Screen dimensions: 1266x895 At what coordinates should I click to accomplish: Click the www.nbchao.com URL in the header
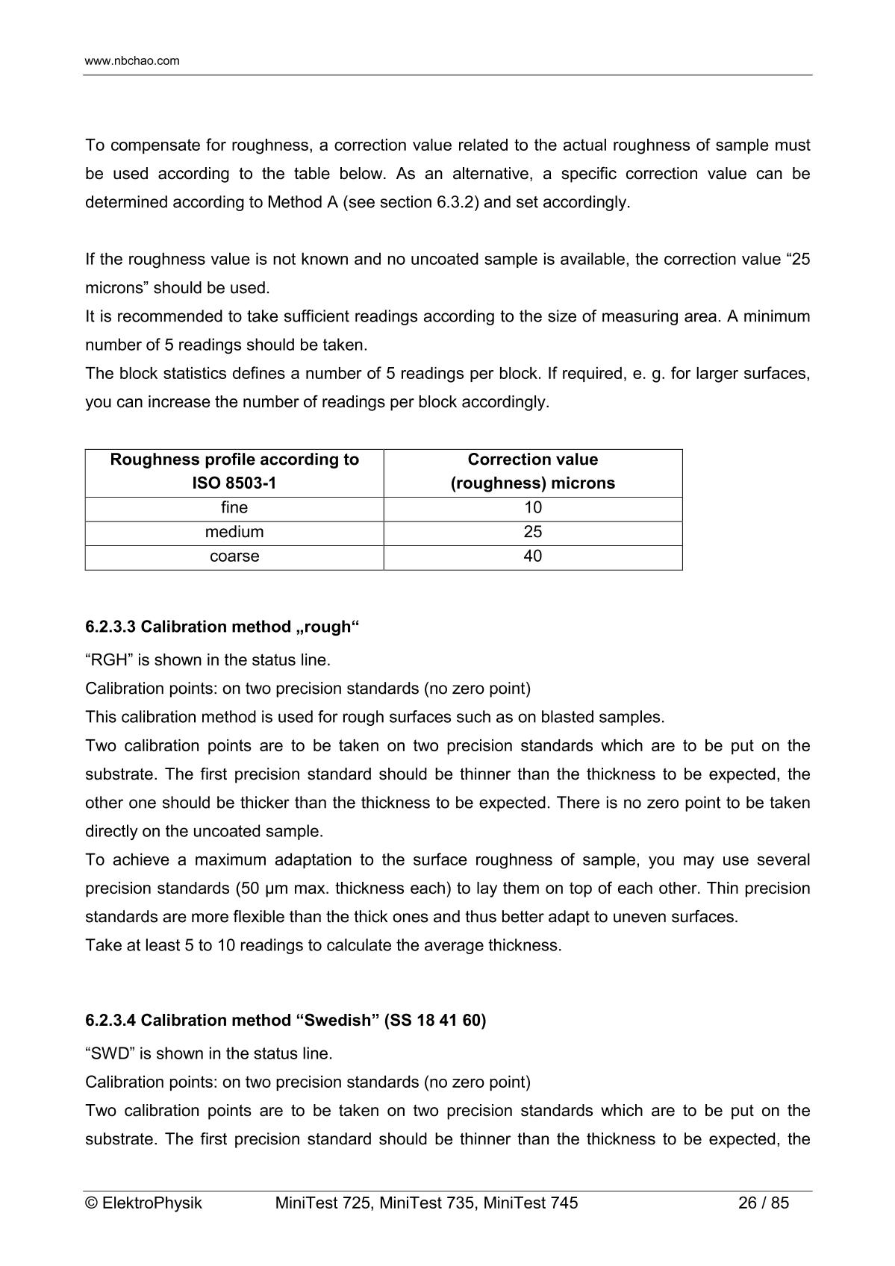click(132, 61)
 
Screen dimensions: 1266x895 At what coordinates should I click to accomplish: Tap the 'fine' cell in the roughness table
click(234, 508)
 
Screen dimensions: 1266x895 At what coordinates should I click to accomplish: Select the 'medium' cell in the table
click(234, 532)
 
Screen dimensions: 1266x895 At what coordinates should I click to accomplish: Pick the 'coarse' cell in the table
click(234, 557)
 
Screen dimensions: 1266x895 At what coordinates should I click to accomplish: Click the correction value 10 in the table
click(533, 508)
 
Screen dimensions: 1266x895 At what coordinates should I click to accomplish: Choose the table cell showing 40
click(533, 557)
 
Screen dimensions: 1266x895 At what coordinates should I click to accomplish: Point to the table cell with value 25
click(533, 532)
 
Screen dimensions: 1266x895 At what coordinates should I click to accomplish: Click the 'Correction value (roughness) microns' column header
click(533, 471)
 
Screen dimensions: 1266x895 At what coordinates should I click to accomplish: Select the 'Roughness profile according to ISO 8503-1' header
click(234, 471)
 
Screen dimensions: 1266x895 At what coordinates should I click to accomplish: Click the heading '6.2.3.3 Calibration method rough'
click(222, 627)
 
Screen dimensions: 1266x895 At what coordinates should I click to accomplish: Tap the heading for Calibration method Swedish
click(286, 1021)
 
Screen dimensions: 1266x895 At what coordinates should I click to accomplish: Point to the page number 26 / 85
click(763, 1203)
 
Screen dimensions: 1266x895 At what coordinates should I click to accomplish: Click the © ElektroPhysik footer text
click(144, 1203)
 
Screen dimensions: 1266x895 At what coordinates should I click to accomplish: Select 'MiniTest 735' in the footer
click(428, 1203)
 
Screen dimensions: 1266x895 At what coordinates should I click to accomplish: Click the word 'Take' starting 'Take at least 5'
click(102, 946)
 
